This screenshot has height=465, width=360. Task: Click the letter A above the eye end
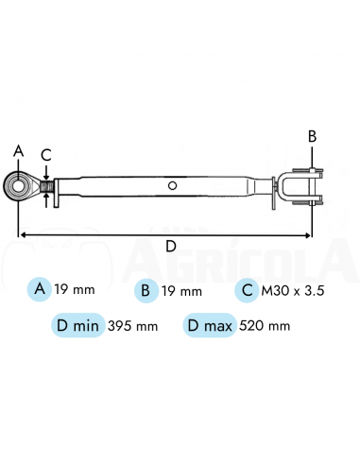pos(19,151)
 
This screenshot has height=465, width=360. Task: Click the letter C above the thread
pos(46,155)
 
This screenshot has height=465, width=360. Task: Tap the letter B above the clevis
pos(312,137)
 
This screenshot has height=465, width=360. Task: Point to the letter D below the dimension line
pos(171,246)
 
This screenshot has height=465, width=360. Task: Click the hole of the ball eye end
pos(18,186)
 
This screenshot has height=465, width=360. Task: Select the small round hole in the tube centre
pos(172,185)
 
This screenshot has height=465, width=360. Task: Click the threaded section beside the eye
pos(47,186)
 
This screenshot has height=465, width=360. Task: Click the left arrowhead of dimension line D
pos(23,234)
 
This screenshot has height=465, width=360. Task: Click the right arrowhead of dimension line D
pos(307,235)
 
